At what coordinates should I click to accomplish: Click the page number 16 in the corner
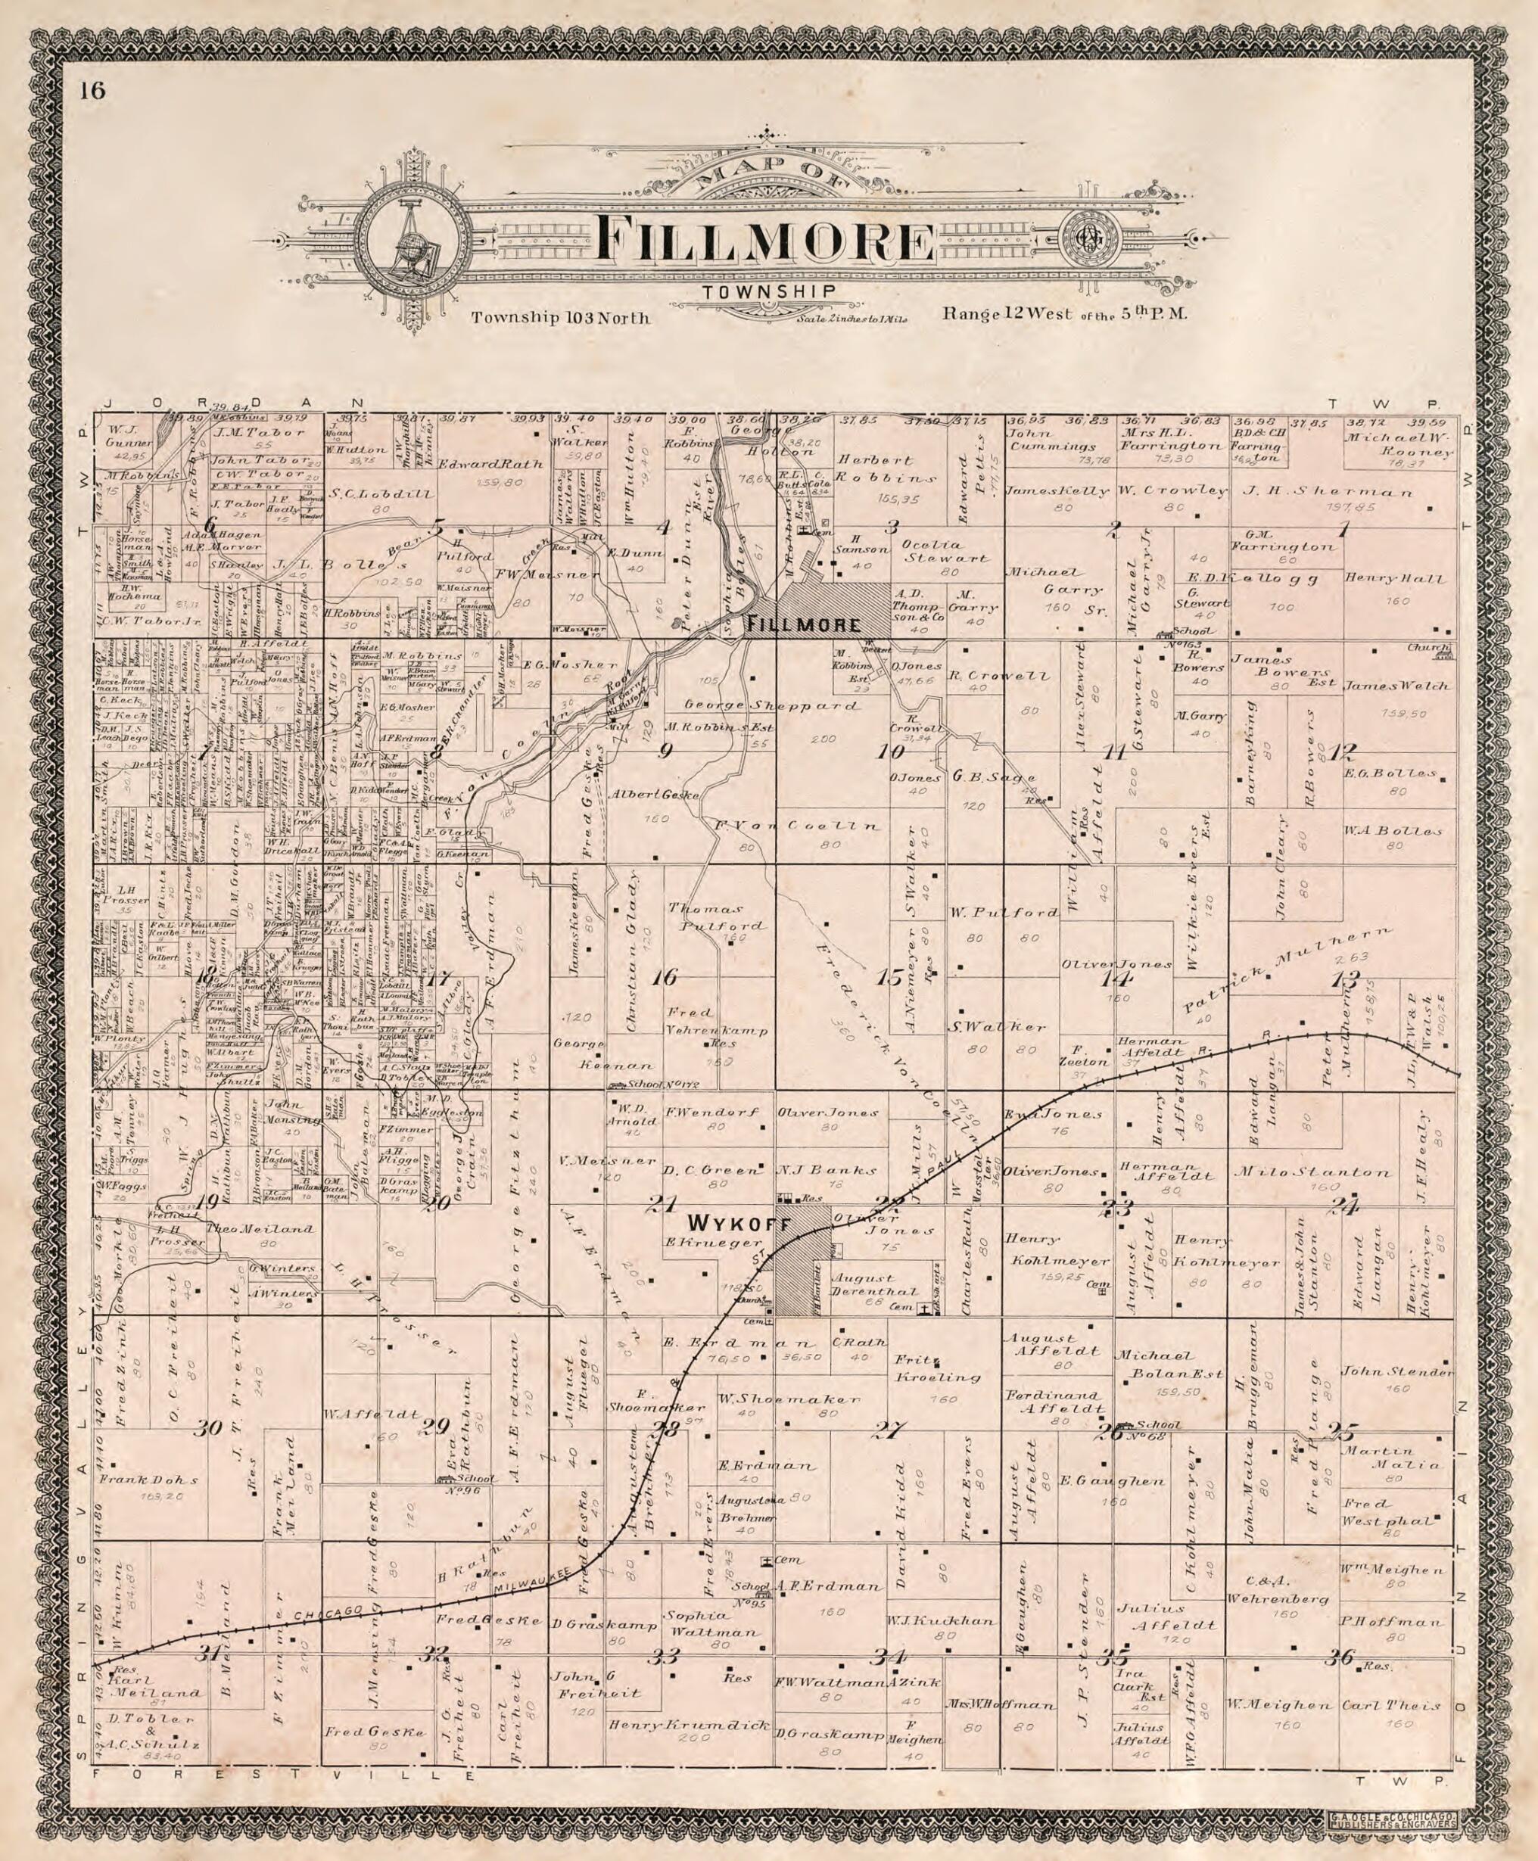pyautogui.click(x=90, y=92)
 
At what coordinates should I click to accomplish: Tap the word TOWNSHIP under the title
pyautogui.click(x=767, y=292)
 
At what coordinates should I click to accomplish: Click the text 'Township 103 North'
pyautogui.click(x=560, y=317)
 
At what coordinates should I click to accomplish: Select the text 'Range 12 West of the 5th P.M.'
pyautogui.click(x=1064, y=313)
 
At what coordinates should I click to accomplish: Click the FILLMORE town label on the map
pyautogui.click(x=804, y=624)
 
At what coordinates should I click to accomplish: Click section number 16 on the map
pyautogui.click(x=665, y=978)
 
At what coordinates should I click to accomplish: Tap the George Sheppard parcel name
pyautogui.click(x=771, y=706)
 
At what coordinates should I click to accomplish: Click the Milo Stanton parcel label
pyautogui.click(x=1319, y=1172)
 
